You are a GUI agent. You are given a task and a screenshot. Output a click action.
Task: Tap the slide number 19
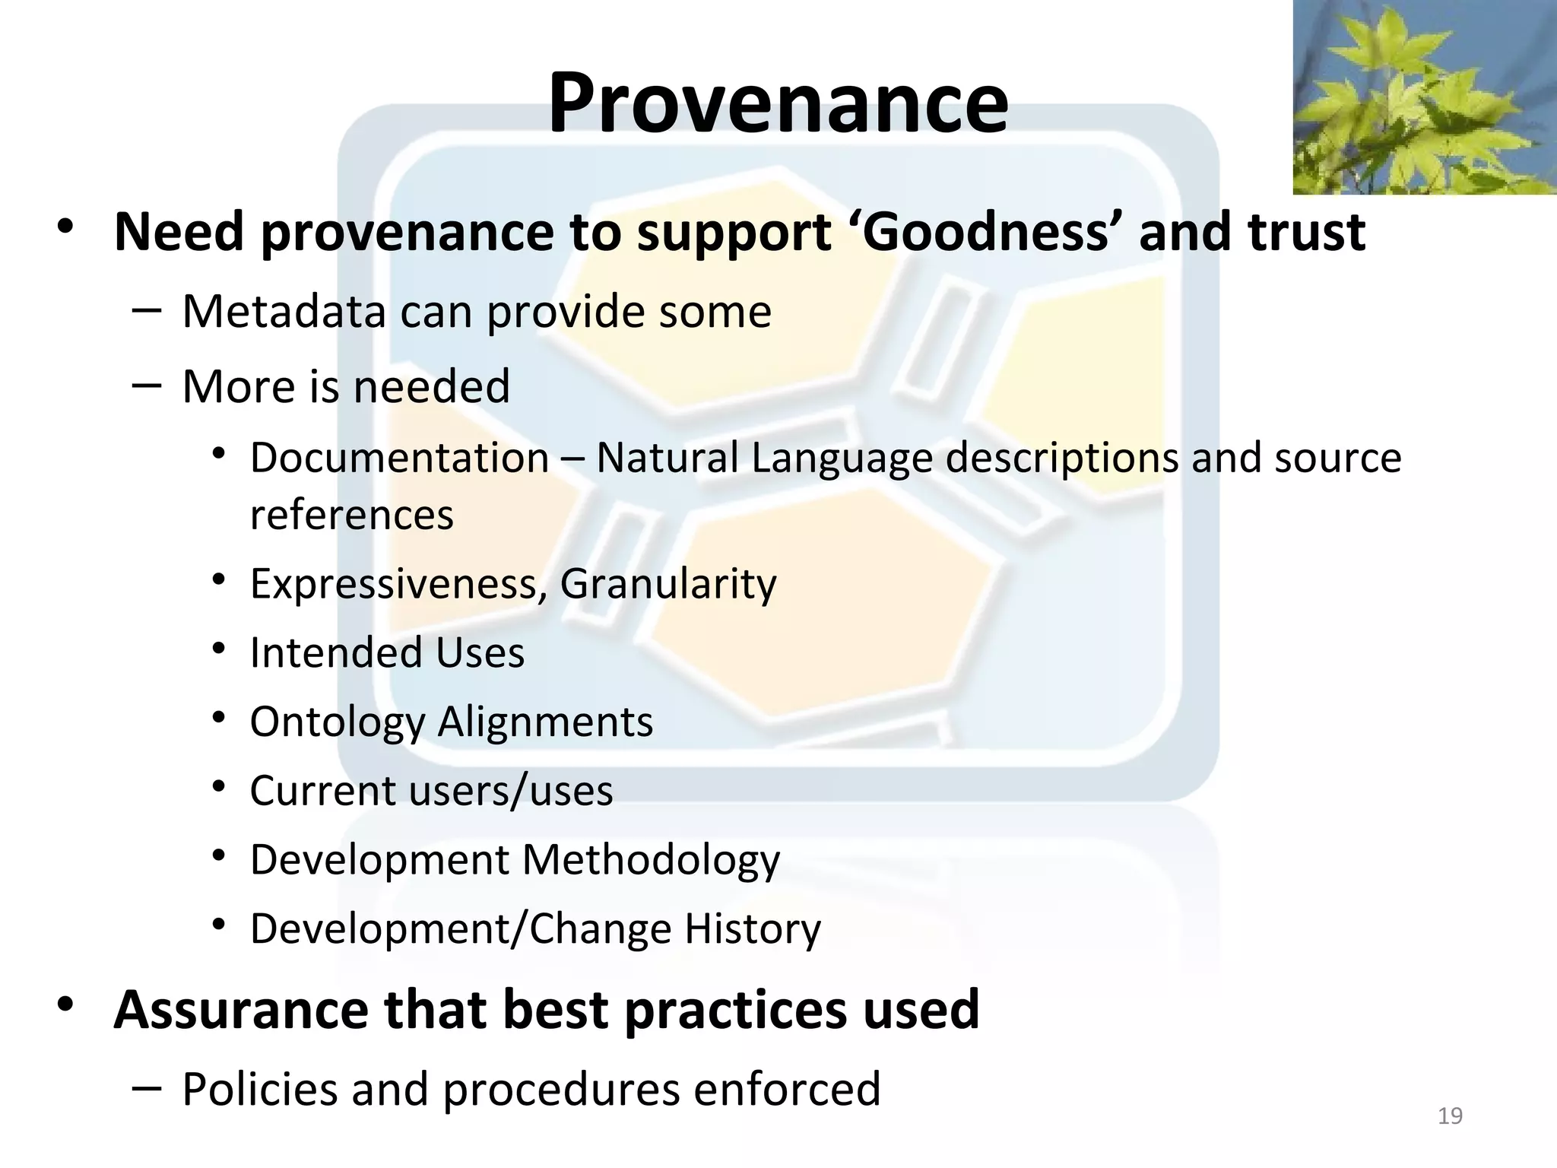point(1450,1116)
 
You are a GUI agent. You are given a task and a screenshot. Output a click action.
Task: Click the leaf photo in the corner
point(1424,97)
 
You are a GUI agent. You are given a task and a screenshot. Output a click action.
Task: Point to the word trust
point(1306,232)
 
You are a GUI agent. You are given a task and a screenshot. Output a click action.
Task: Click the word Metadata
point(284,312)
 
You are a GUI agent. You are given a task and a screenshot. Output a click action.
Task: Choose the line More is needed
point(346,386)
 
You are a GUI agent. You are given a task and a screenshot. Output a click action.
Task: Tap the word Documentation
point(399,459)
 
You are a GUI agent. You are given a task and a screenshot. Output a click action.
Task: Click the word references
point(351,515)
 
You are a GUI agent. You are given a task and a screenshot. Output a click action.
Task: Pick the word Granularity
point(668,584)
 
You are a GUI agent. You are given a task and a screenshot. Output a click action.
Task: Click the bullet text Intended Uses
point(387,652)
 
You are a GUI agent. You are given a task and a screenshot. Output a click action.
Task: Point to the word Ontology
point(337,722)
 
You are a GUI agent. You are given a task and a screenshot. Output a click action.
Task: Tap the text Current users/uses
point(431,791)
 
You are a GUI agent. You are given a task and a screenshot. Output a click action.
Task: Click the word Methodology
point(651,860)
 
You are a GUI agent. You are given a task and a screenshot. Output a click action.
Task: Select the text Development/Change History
point(535,928)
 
